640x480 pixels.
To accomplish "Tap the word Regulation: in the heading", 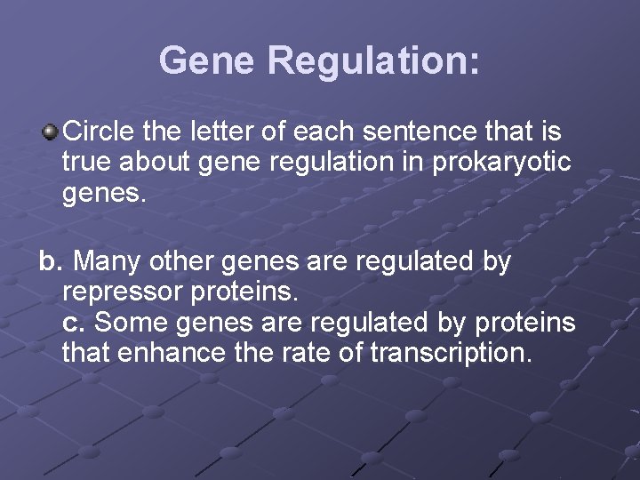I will click(x=373, y=60).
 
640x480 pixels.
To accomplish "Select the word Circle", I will click(x=99, y=132).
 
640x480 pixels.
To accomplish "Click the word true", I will click(x=88, y=164).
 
